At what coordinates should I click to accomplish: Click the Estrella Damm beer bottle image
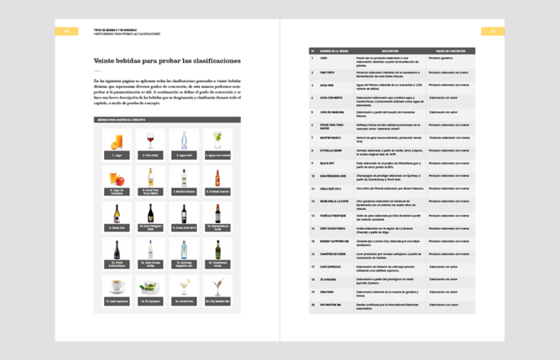217,177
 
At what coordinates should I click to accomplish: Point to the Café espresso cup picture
116,286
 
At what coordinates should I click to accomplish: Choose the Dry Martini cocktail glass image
217,286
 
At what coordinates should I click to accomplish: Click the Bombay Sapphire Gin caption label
184,265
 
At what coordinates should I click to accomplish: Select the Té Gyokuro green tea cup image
151,286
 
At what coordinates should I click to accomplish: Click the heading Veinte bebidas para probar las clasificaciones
167,60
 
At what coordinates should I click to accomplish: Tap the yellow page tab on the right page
492,32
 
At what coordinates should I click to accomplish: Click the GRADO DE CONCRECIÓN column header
448,50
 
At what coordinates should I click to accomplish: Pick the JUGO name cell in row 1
324,59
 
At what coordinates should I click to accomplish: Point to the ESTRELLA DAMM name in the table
330,149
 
